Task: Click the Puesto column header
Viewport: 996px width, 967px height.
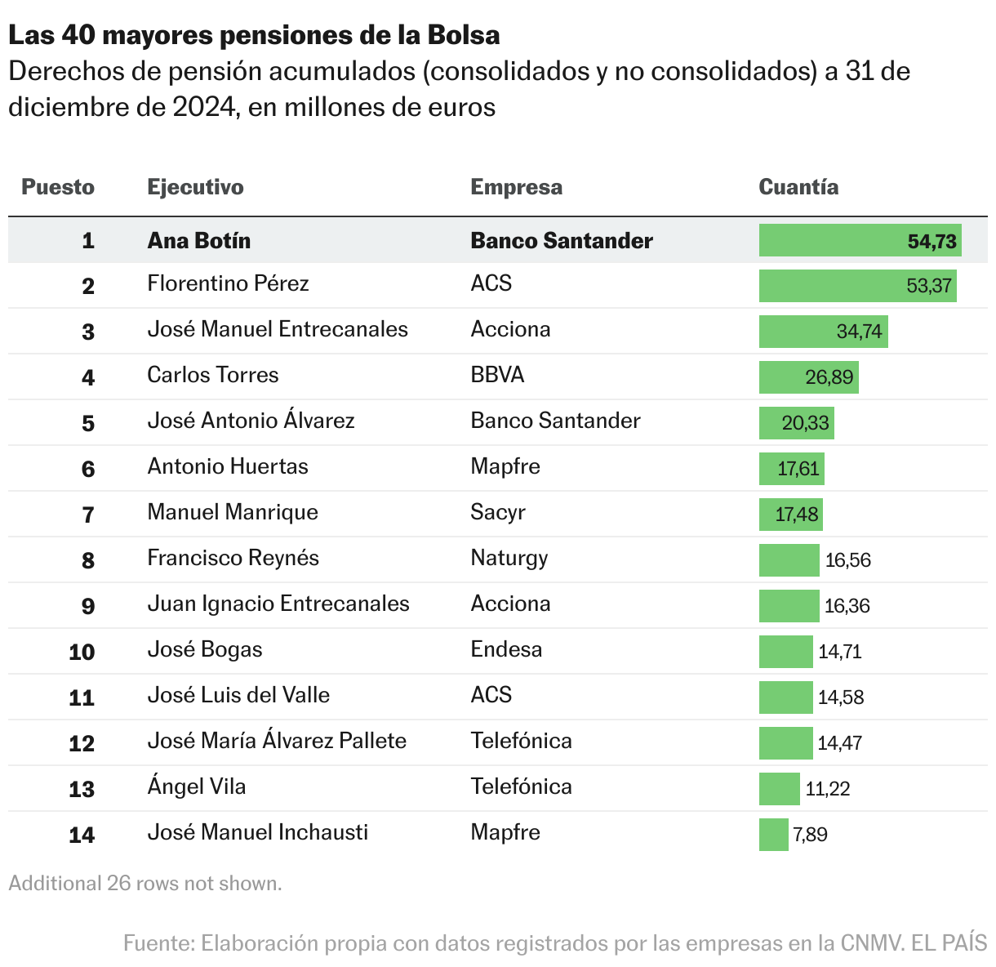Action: pos(58,187)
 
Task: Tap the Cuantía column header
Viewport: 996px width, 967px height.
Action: pos(798,187)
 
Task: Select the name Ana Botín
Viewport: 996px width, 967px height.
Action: pos(198,241)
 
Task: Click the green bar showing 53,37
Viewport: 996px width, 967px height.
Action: pos(857,286)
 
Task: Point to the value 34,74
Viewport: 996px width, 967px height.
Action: pos(859,332)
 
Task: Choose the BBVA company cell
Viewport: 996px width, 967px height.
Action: pos(497,375)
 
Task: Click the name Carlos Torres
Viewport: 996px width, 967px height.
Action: pos(212,375)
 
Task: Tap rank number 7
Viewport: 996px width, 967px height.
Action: pos(88,515)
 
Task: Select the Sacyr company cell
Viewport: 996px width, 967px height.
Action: pos(497,512)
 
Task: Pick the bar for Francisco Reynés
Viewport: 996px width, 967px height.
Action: pos(789,560)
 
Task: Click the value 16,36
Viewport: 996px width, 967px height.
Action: pos(847,606)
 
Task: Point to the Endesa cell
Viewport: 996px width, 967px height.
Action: pos(506,649)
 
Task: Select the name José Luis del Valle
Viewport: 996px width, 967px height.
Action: pos(238,695)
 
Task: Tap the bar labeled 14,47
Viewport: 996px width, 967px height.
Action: pos(785,743)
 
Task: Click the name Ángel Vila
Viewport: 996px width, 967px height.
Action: pos(196,787)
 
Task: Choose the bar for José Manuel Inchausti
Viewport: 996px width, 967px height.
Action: pos(773,835)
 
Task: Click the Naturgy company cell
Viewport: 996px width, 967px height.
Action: pos(509,558)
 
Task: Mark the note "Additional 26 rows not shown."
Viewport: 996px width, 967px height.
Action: pos(145,883)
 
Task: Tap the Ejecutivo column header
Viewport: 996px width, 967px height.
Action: pos(195,187)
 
